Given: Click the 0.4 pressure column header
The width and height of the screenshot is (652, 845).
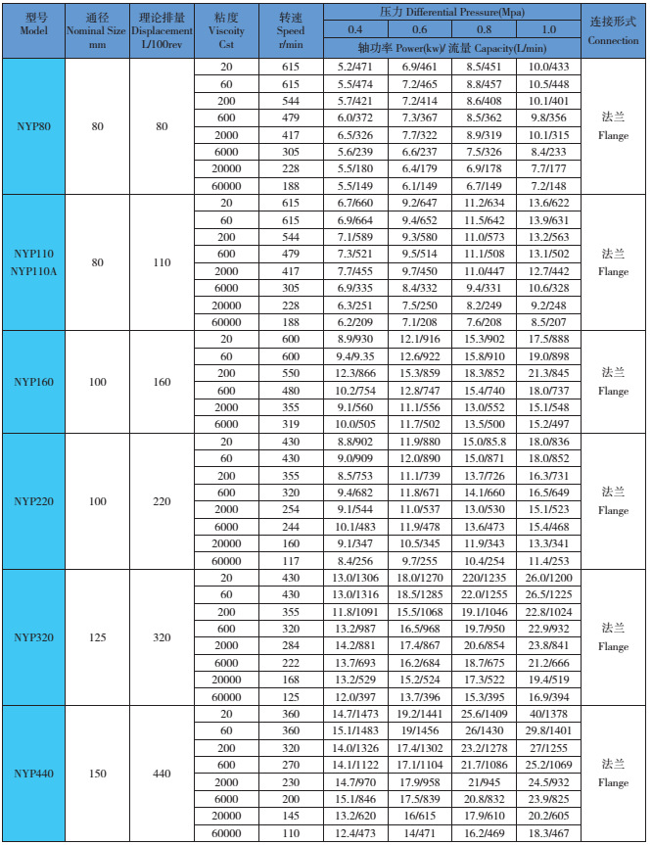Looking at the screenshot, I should coord(354,29).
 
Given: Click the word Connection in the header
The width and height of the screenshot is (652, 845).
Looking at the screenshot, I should coord(614,41).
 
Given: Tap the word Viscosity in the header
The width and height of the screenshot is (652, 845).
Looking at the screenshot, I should coord(226,30).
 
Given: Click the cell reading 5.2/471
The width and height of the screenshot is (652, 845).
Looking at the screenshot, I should coord(354,66).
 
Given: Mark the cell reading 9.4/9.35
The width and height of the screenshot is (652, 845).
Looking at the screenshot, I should coord(354,356).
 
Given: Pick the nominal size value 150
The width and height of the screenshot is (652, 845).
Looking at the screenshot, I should coord(97,774).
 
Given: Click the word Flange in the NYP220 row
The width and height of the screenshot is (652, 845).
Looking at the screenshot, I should coord(614,510).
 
